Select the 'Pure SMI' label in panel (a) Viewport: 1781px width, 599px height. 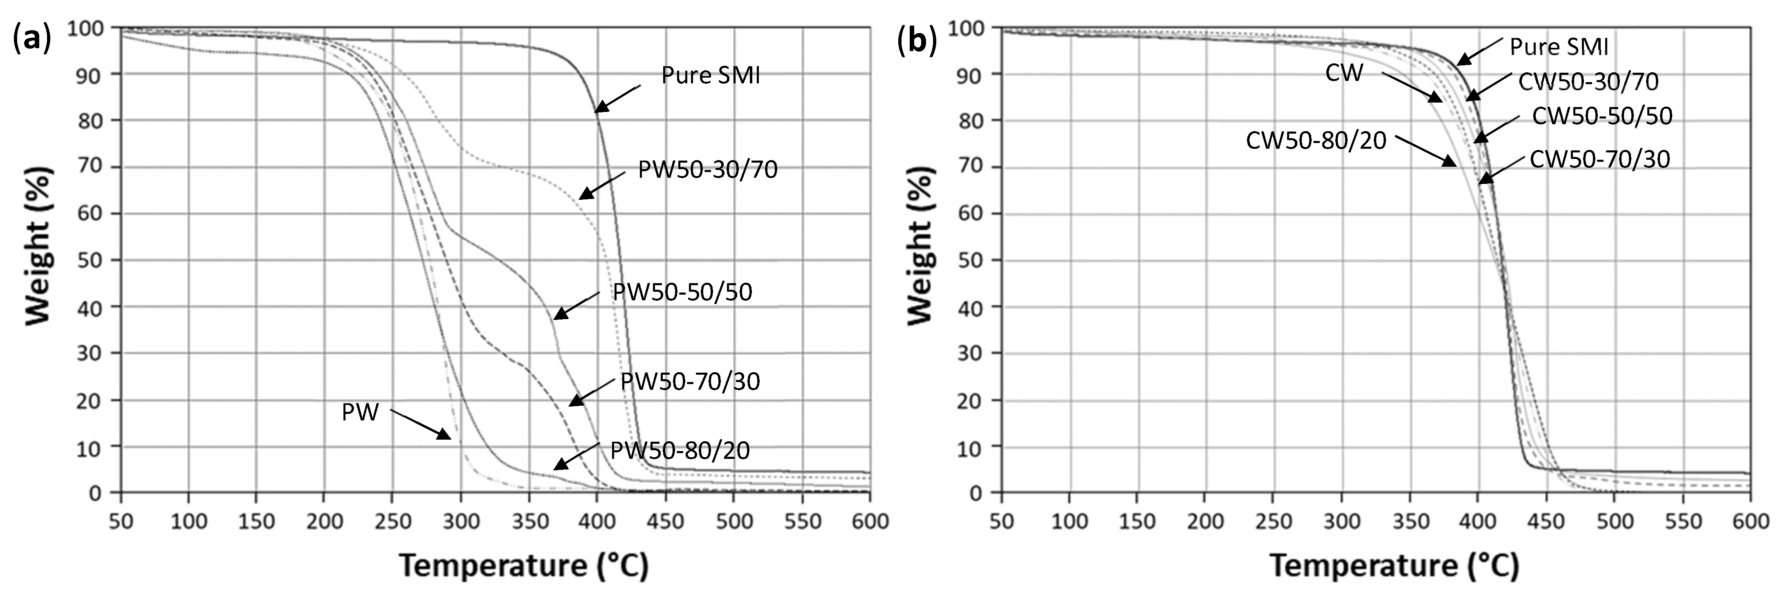(710, 75)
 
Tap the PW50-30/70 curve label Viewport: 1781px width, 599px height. (707, 169)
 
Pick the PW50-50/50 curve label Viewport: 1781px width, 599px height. (682, 292)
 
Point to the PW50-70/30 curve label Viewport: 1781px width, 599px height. (690, 381)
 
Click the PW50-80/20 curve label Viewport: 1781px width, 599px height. (680, 450)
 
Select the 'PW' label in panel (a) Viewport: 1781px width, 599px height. (360, 412)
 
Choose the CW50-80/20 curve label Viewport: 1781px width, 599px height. (1316, 140)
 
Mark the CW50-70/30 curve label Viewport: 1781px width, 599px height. (1599, 159)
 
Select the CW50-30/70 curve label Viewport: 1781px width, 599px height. (1588, 82)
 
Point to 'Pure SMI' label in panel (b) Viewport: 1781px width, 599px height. (1559, 47)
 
